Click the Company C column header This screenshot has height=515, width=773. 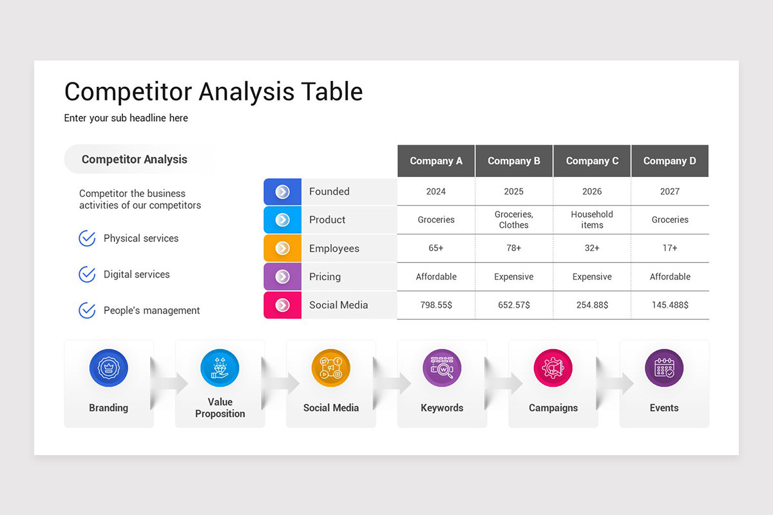point(592,161)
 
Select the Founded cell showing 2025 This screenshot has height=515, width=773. point(513,191)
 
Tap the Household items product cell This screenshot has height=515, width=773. point(592,220)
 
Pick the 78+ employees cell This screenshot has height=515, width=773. point(513,248)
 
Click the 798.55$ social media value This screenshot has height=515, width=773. point(436,305)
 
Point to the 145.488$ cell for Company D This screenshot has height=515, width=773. point(670,305)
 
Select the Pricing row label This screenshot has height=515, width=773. point(325,277)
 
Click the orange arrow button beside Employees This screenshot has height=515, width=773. point(282,248)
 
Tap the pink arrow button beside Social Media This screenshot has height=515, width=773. point(282,305)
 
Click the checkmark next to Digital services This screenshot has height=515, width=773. point(87,274)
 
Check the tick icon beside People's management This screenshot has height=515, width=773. point(87,310)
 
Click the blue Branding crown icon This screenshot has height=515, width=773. point(108,368)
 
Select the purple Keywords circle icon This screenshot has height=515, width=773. point(442,368)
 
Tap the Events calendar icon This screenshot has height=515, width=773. point(664,368)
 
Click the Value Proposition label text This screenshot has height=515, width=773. point(220,407)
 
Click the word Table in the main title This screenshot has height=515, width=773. point(329,91)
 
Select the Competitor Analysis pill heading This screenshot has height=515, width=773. point(135,160)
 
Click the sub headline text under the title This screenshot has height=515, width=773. point(126,118)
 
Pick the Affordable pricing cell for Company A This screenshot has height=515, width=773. point(436,277)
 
